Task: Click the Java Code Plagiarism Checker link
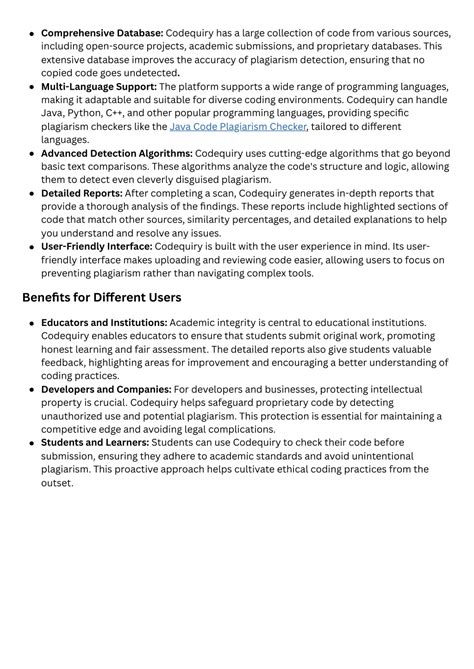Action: click(238, 127)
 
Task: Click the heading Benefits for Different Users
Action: click(101, 297)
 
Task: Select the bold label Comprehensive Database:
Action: click(102, 33)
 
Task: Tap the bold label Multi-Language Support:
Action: click(99, 87)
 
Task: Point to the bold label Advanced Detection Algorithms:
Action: click(117, 153)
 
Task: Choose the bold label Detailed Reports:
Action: click(81, 193)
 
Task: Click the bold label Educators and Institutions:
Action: click(104, 323)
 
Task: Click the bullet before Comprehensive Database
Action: click(31, 33)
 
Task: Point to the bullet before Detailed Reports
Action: click(31, 193)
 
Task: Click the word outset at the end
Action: click(57, 483)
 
